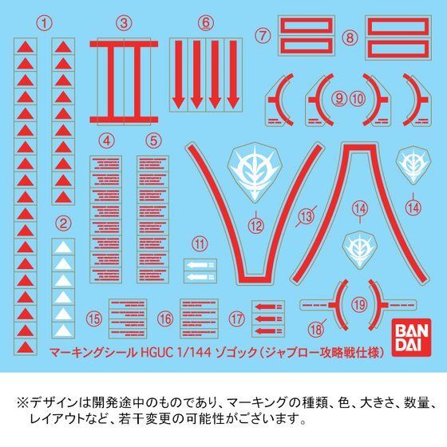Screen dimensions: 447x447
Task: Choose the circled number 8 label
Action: [x=349, y=37]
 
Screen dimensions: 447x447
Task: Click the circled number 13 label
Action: [x=304, y=215]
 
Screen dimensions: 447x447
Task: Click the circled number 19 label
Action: [x=358, y=304]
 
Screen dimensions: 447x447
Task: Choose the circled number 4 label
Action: [x=105, y=140]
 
